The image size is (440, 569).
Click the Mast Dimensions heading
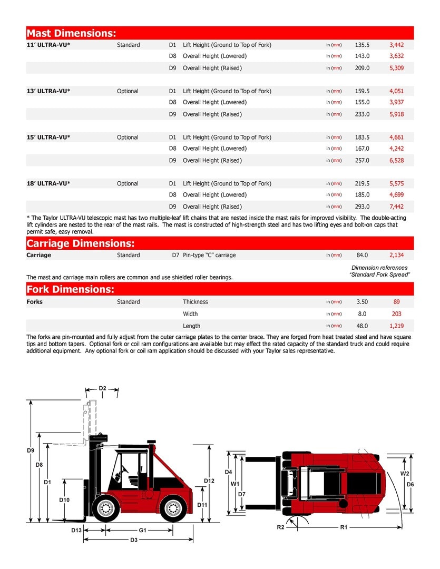tap(71, 33)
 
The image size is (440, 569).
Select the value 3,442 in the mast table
tap(396, 45)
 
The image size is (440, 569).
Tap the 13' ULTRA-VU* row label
tap(48, 91)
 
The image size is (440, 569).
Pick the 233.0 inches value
tap(362, 114)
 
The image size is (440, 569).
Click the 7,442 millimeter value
tap(396, 207)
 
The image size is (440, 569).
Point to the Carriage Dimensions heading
tap(81, 243)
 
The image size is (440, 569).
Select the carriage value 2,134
tap(396, 255)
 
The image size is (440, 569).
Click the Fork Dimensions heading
tap(70, 289)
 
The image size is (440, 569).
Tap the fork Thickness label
tap(195, 302)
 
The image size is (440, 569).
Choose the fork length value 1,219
tap(396, 326)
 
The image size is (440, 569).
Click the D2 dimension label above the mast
tap(102, 388)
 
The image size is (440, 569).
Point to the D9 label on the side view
tap(31, 450)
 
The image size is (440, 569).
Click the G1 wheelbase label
tap(142, 530)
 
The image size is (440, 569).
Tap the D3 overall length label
tap(134, 540)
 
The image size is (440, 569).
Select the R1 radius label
tap(344, 527)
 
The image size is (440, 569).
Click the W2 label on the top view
tap(405, 473)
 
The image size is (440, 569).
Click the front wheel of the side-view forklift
tap(106, 508)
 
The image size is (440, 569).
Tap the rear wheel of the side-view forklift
tap(173, 508)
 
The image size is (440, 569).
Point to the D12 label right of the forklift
tap(209, 480)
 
